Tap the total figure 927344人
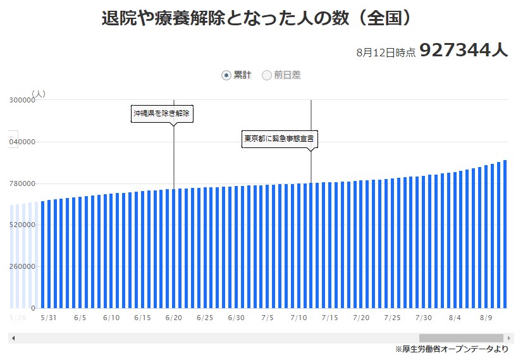[463, 51]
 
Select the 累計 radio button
[226, 75]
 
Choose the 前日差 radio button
[267, 75]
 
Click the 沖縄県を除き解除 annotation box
[161, 114]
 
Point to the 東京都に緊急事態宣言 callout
[280, 138]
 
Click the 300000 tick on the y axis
[22, 100]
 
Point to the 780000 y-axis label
[22, 183]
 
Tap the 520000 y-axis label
[22, 225]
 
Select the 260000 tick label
[22, 266]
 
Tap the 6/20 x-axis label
[173, 318]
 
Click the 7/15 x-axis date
[329, 318]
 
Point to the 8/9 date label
[486, 318]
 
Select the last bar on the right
[505, 234]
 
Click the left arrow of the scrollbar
[13, 338]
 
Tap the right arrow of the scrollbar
[508, 338]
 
